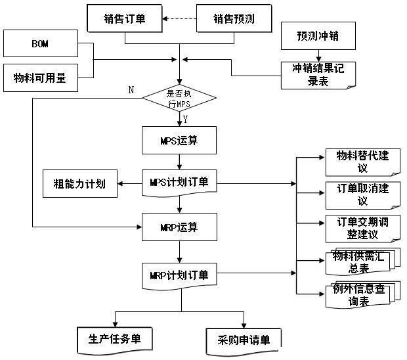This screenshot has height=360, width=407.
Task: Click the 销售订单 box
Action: coord(125,20)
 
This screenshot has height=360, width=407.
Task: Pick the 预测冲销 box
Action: coord(318,35)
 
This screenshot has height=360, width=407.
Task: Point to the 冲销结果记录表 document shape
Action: coord(318,74)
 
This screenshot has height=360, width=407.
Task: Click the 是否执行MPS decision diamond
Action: coord(179,99)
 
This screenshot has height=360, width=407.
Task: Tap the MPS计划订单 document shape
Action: coord(179,183)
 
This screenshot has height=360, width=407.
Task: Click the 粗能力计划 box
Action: coord(79,183)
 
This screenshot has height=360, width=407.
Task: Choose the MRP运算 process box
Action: coord(179,228)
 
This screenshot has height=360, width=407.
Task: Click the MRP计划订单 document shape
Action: coord(179,275)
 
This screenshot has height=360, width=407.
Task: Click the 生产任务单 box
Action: coord(115,339)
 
